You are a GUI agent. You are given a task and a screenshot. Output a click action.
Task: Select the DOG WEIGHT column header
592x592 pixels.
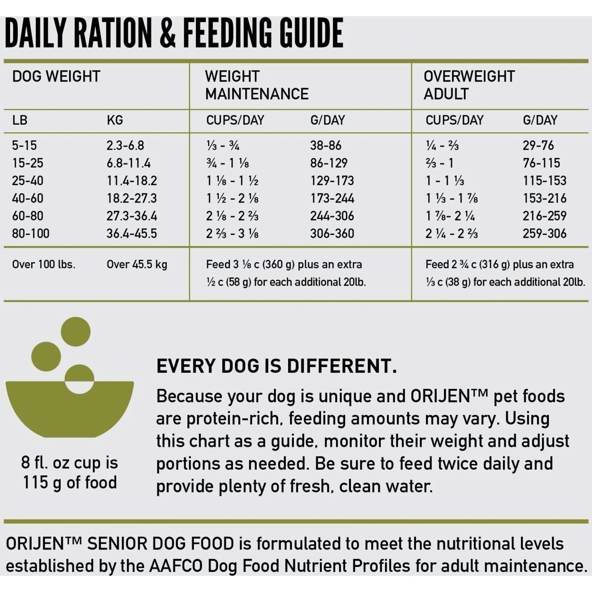tap(56, 76)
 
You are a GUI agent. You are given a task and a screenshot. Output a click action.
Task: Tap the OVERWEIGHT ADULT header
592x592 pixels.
tap(469, 85)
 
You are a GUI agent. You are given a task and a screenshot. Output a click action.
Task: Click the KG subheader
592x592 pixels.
tap(114, 120)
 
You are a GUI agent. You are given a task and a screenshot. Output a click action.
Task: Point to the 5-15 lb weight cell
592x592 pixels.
tap(24, 145)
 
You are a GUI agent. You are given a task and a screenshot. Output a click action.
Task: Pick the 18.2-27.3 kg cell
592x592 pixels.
tap(131, 198)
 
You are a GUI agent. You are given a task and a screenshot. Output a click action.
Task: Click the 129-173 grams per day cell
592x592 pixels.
tap(332, 181)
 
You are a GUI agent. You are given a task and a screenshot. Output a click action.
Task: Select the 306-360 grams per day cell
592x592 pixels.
tap(332, 234)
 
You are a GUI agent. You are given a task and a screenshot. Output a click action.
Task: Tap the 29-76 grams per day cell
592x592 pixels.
tap(538, 145)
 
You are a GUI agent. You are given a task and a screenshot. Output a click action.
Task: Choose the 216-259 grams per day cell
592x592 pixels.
tap(544, 216)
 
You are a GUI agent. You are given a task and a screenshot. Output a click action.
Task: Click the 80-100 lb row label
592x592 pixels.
tap(30, 234)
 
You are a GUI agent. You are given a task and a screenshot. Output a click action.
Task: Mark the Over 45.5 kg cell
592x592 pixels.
tap(137, 264)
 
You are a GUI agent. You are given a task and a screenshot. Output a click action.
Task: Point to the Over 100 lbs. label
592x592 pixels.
tap(43, 264)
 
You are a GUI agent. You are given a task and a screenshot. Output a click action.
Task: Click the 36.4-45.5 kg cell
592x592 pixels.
tap(131, 234)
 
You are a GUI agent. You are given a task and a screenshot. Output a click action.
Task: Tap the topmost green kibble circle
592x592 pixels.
tap(75, 332)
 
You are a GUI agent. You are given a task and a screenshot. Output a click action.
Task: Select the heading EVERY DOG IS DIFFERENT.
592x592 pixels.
tap(276, 366)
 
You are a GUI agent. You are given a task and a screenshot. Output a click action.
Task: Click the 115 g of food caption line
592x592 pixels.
tap(69, 483)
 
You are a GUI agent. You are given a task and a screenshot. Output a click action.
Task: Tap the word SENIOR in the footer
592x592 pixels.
tap(117, 544)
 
